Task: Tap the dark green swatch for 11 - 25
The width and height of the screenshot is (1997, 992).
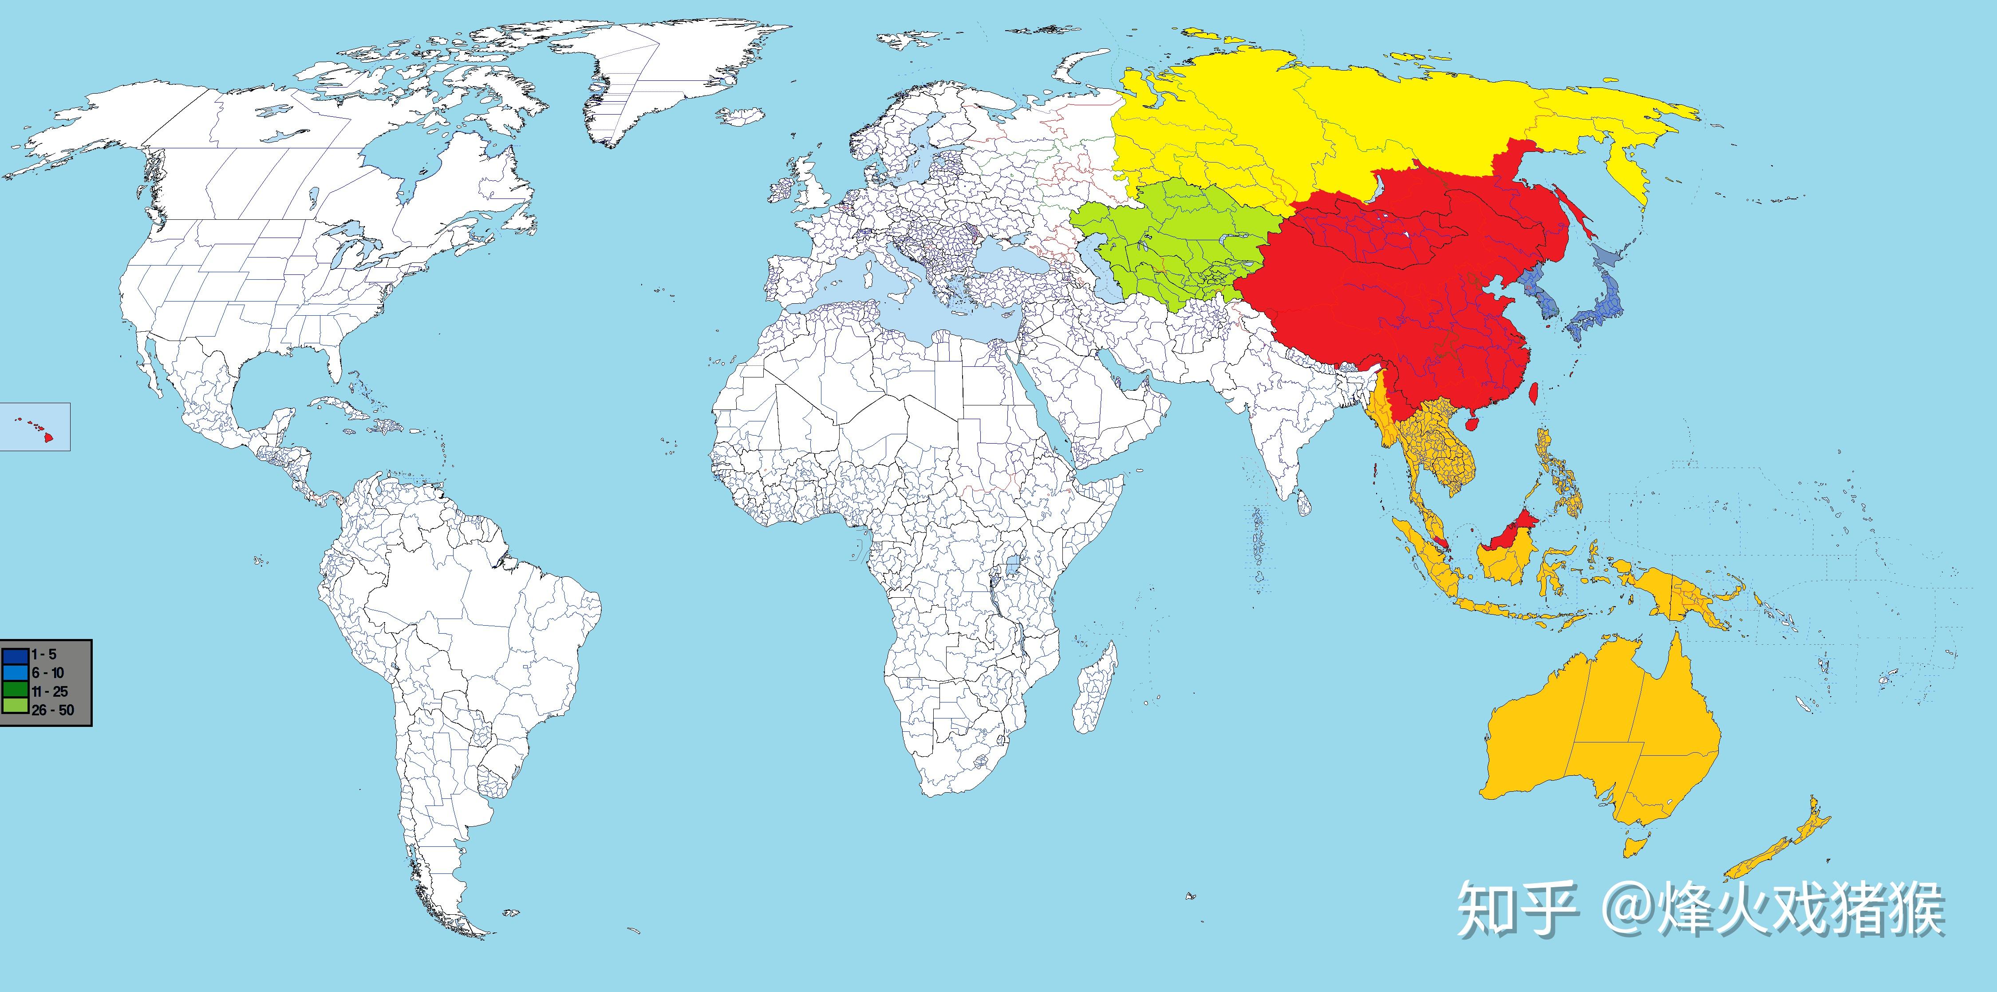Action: (x=16, y=690)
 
